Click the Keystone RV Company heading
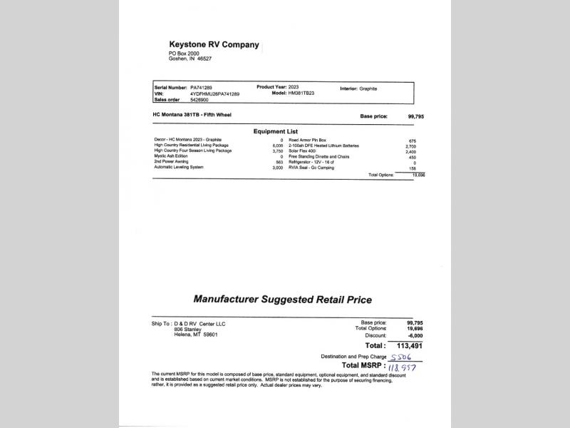(x=214, y=44)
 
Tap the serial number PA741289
(x=201, y=88)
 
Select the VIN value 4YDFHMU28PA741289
(x=214, y=94)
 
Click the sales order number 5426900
(x=200, y=100)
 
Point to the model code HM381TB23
(x=301, y=93)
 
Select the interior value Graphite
(x=368, y=88)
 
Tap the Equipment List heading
(x=276, y=131)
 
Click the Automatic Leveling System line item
(x=179, y=167)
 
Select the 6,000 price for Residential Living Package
(x=278, y=146)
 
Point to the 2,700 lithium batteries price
(x=410, y=146)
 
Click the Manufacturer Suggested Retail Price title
(x=283, y=300)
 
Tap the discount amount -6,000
(x=415, y=335)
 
